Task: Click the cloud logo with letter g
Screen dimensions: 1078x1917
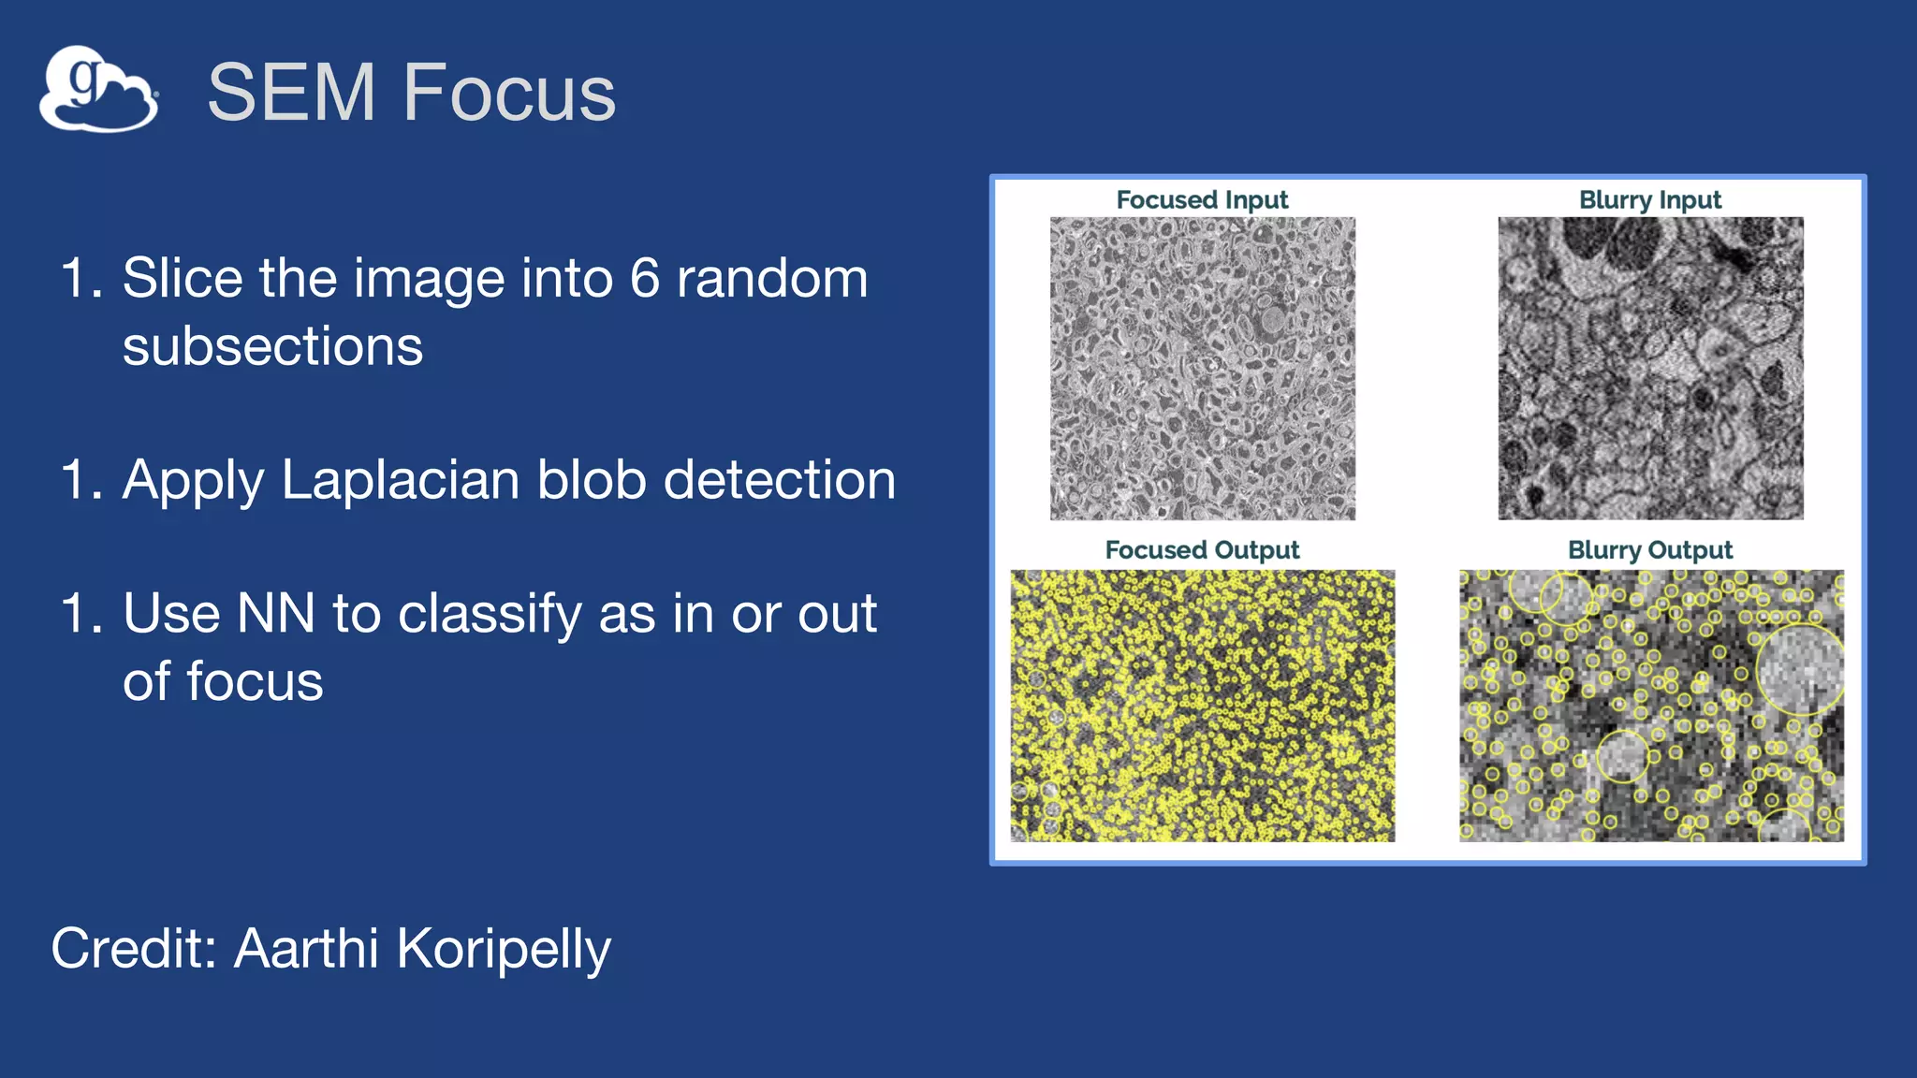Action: click(98, 89)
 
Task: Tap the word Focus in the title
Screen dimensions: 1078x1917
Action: click(509, 92)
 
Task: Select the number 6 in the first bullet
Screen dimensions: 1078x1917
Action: click(644, 278)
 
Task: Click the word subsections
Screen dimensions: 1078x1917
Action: click(272, 346)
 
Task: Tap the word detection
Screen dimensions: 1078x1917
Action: click(779, 480)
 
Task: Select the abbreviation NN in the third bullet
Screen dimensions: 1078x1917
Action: click(275, 614)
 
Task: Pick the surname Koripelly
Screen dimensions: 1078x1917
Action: click(504, 950)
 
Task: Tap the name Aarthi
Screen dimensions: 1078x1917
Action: click(306, 948)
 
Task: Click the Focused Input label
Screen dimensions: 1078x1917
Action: click(1202, 200)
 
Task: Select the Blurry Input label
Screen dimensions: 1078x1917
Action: click(1649, 200)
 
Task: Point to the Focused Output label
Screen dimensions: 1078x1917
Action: click(1202, 550)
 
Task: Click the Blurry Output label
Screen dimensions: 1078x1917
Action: click(1649, 550)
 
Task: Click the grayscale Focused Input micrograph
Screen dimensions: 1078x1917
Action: click(1202, 369)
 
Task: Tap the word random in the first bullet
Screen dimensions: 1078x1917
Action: click(772, 278)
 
